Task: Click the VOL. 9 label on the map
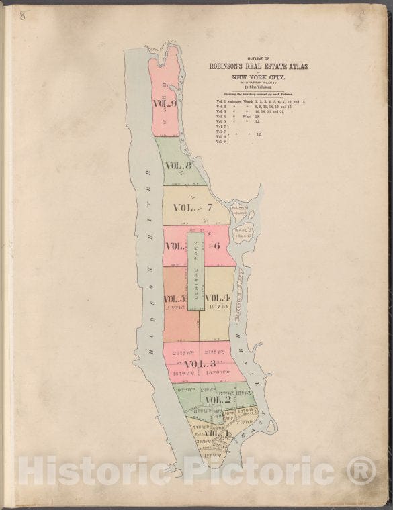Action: pos(165,104)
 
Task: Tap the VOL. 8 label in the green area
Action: pos(179,166)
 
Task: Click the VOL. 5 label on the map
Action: pos(175,299)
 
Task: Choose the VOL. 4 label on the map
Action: pos(218,297)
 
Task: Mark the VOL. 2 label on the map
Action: pos(218,400)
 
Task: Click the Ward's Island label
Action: pos(243,234)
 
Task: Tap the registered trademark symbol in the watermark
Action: pos(361,470)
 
